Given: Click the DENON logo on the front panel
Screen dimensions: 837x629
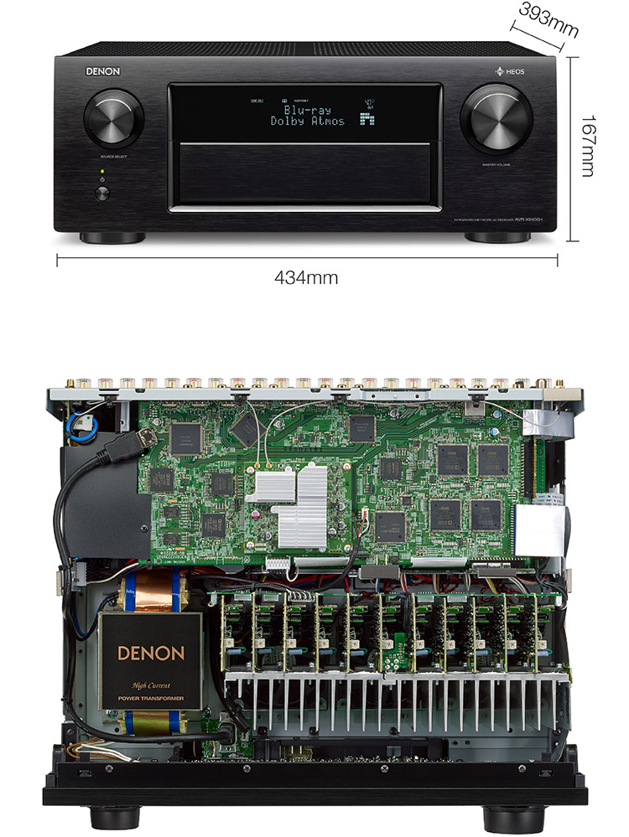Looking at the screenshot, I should tap(102, 72).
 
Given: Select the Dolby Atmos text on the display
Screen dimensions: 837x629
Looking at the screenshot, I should tap(307, 121).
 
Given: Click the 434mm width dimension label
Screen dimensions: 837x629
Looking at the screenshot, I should tap(307, 276).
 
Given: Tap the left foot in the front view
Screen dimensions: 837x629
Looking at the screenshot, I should tap(114, 237).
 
